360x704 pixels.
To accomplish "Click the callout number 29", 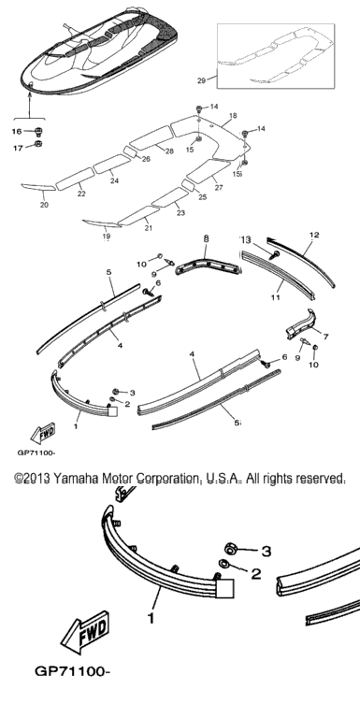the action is tap(201, 80).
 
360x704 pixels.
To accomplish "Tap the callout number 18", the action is tap(233, 116).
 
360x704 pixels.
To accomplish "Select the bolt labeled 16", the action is tap(38, 132).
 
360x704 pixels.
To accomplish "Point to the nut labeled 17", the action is tap(38, 144).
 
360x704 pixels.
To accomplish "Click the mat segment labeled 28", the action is tap(151, 136).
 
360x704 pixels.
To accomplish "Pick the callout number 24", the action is tap(114, 181).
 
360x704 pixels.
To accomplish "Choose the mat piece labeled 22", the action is tap(75, 178).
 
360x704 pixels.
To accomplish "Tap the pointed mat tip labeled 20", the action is tap(38, 187).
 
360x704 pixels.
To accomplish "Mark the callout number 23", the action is tap(180, 213).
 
